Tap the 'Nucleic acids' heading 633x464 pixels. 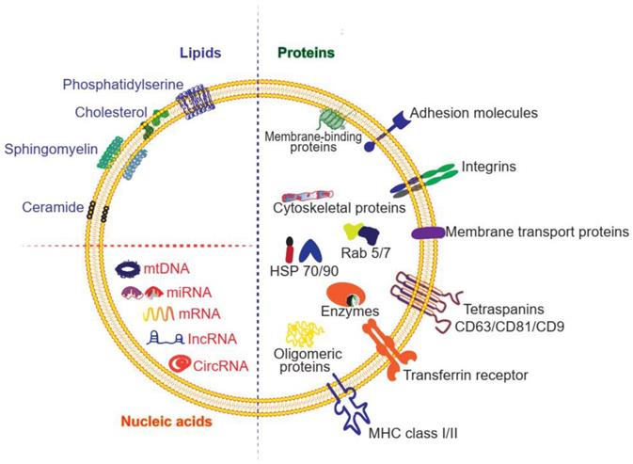pyautogui.click(x=169, y=422)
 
